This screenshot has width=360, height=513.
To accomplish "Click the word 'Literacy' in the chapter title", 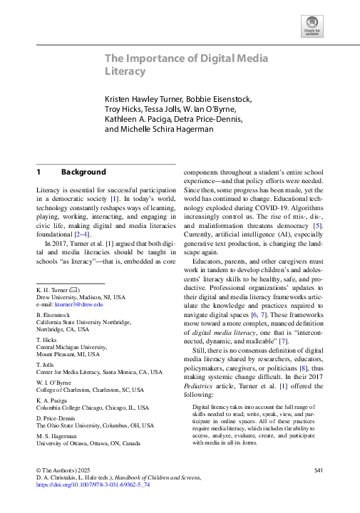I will point(127,72).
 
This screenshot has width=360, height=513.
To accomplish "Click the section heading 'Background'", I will point(83,172).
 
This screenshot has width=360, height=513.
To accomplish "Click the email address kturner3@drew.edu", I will point(81,304).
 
